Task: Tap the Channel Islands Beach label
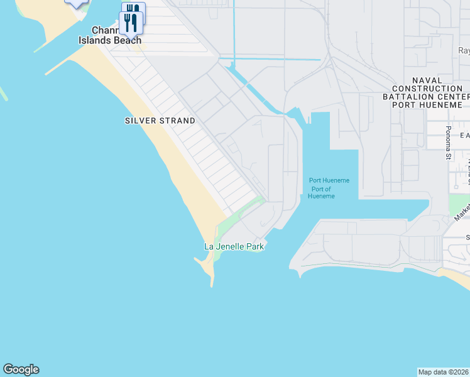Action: coord(110,35)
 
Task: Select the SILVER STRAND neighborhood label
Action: coord(160,121)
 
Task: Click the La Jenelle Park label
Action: coord(234,247)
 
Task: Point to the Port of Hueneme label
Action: coord(321,195)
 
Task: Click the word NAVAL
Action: coord(427,80)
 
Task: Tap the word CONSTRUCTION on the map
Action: coord(427,89)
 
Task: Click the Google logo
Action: coord(21,369)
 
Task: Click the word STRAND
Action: coord(177,121)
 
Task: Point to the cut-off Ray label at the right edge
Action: coord(464,51)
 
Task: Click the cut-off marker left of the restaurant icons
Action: coord(77,3)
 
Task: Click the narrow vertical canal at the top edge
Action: coord(233,31)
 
